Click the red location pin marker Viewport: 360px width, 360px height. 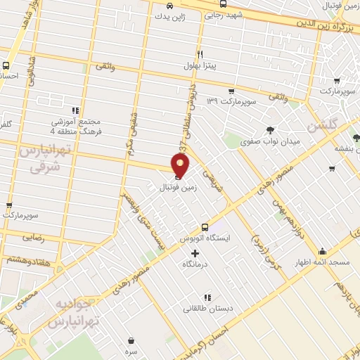(x=181, y=165)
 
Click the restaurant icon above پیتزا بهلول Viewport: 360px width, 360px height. (x=200, y=54)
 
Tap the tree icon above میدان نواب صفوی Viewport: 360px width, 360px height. (x=270, y=129)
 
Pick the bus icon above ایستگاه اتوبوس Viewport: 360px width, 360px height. (x=205, y=226)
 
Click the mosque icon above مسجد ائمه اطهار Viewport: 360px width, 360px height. (x=322, y=252)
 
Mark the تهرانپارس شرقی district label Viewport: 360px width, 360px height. (x=40, y=160)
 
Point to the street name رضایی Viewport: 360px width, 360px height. (x=34, y=238)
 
